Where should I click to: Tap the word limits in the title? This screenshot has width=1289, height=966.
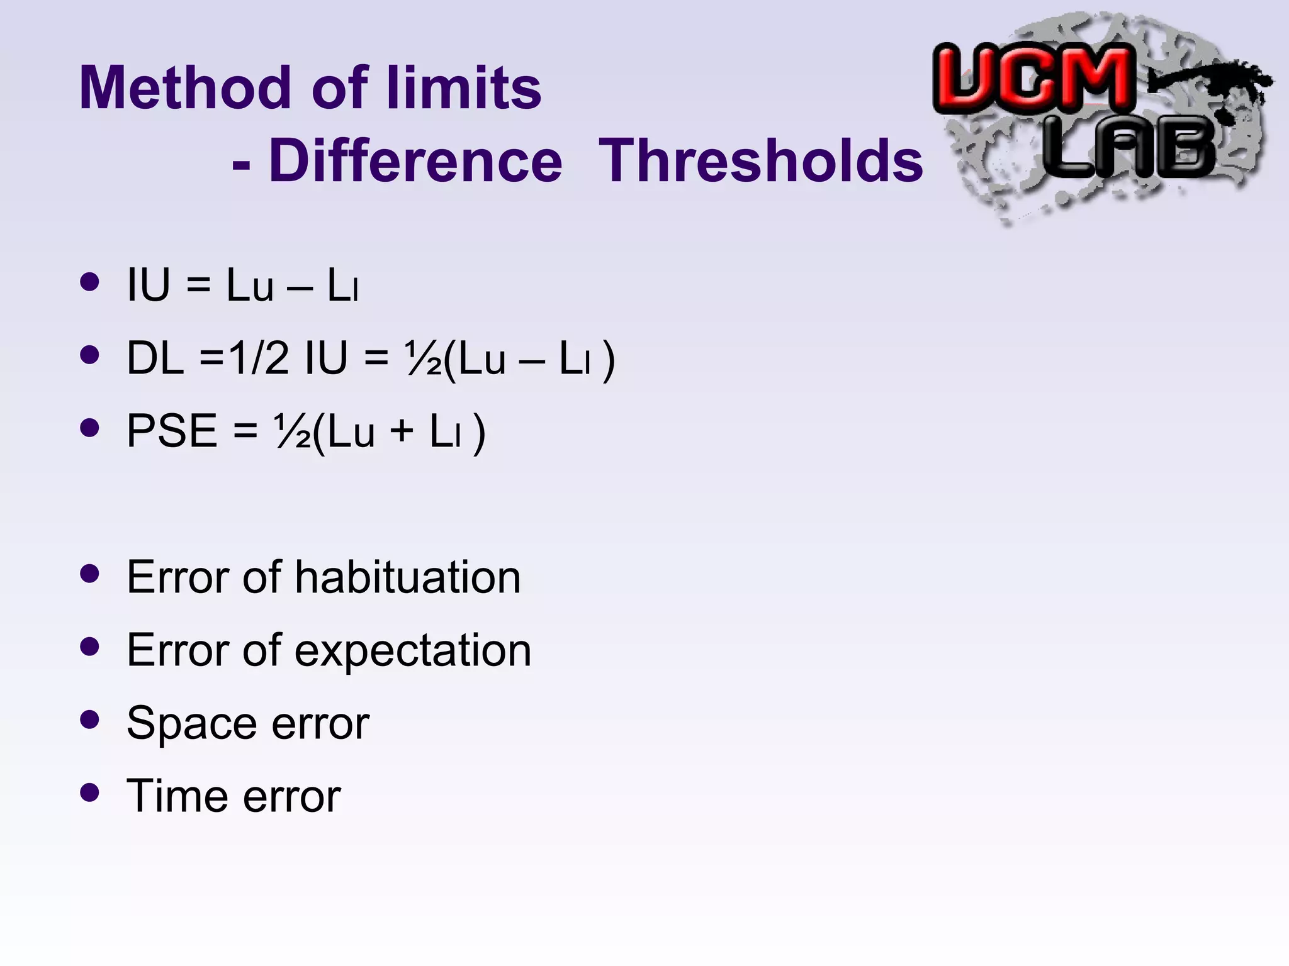463,88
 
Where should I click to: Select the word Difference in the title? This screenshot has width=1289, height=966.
415,161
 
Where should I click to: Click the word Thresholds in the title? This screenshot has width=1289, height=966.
760,161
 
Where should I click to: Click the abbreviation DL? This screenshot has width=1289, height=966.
155,358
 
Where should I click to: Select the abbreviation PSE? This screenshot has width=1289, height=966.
172,431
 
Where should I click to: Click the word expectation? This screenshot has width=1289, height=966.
413,650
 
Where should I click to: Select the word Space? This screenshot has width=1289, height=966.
189,723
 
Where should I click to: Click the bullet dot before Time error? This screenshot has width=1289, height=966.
90,792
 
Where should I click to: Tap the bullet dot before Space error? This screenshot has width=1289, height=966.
90,719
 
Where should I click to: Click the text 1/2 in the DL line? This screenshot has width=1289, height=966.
259,358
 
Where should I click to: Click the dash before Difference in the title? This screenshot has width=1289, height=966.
241,165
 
